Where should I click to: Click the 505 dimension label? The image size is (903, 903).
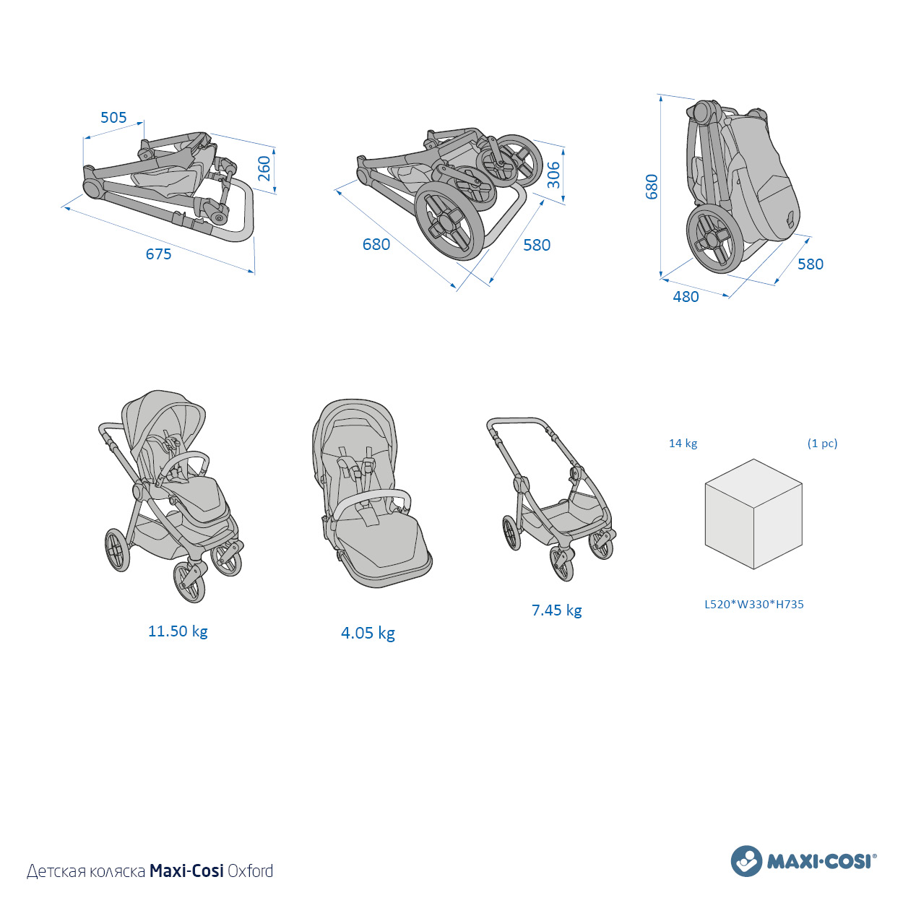(114, 117)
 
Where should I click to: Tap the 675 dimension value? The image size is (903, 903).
(158, 254)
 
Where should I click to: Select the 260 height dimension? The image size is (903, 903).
(264, 168)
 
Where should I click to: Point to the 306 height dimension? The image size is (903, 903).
(553, 174)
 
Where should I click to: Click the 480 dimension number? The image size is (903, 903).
(686, 297)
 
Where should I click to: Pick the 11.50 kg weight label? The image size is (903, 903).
(178, 631)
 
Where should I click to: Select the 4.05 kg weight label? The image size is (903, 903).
(368, 633)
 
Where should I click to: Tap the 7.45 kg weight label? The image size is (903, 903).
(557, 610)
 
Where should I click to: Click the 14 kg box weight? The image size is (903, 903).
(683, 444)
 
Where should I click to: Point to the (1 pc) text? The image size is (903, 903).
(822, 444)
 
